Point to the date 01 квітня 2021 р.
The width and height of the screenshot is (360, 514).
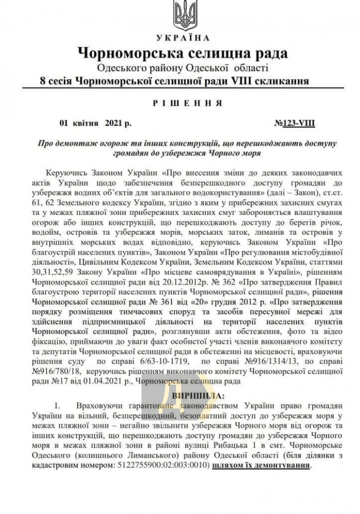click(95, 123)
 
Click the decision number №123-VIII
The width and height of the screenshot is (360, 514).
click(295, 123)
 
